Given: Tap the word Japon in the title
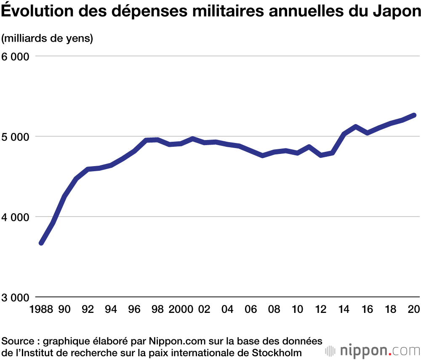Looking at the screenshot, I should pos(396,12).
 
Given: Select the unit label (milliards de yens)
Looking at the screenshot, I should pos(47,39).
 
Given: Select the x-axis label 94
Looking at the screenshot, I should pos(111,310).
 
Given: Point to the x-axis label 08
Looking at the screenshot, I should pos(274,310).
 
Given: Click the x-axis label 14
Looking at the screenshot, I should pos(344,310).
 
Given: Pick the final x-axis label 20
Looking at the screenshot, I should pos(414,310).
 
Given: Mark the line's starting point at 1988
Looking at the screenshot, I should pos(41,243).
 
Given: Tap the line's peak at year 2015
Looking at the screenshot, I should pos(356,127).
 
